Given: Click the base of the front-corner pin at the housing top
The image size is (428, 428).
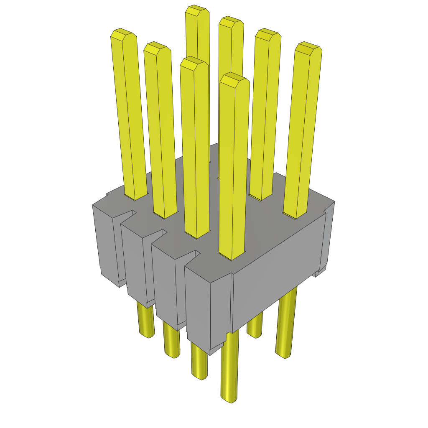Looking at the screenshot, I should pos(231,256).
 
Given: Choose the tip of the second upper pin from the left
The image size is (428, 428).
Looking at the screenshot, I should pos(157,47).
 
